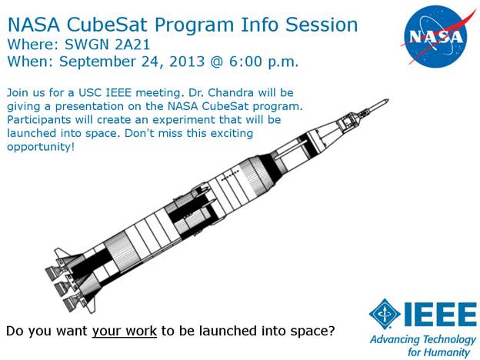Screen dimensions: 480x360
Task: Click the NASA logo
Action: point(437,36)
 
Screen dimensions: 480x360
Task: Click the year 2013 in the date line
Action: point(187,62)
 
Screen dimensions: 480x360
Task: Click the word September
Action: point(98,62)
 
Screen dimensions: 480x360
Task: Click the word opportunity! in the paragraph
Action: point(41,147)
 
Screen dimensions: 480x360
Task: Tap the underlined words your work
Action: point(125,332)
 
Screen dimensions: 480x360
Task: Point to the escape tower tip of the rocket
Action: point(388,100)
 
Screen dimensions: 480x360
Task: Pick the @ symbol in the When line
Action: point(217,62)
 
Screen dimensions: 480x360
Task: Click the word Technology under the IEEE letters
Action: point(449,339)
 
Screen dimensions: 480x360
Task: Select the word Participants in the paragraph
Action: point(39,120)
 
